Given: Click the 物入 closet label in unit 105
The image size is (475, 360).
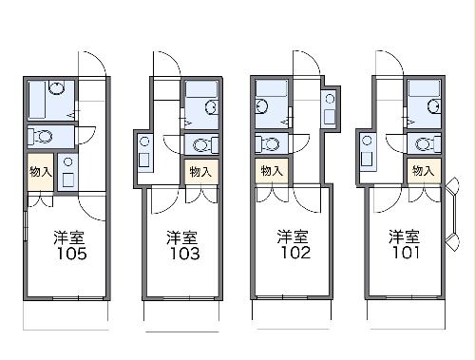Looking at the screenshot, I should point(40,172).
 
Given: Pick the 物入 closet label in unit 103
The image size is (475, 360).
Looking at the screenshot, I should point(200,172).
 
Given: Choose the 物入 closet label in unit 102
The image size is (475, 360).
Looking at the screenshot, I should point(271,171).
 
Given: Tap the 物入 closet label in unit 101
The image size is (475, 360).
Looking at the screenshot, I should point(423,171).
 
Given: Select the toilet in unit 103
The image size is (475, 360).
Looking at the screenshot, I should point(201,145).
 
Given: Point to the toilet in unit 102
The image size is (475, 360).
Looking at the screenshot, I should point(267,144).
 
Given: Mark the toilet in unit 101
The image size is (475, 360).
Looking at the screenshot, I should point(425,144).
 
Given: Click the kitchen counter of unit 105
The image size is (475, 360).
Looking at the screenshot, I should point(69,172).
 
